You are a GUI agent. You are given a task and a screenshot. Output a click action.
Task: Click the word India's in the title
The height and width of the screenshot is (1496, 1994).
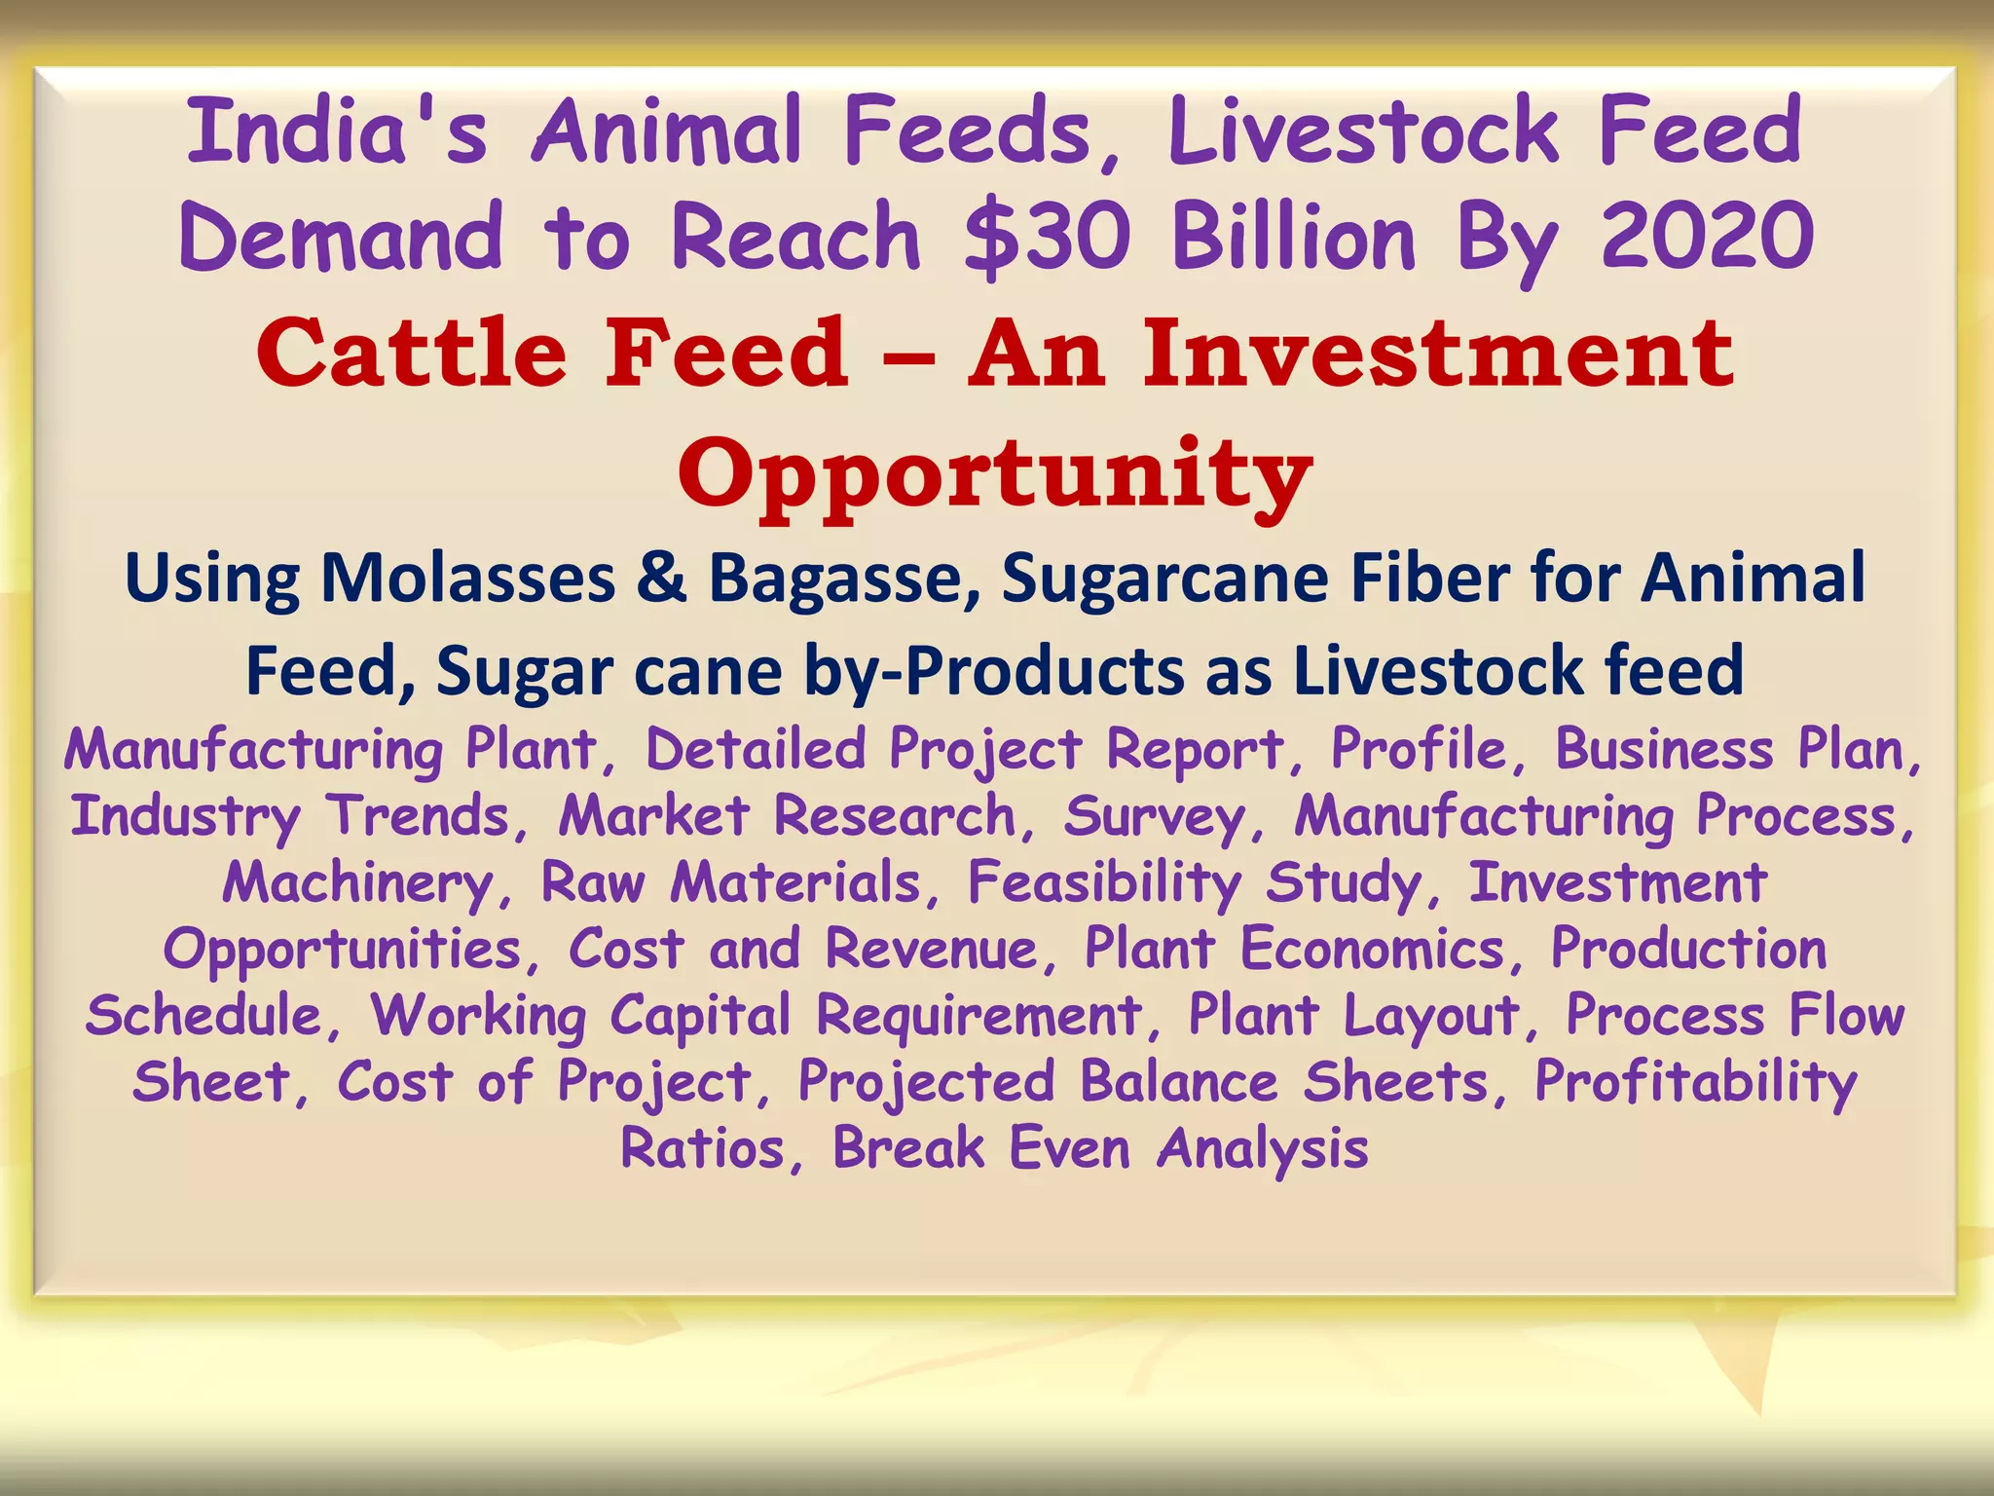click(x=336, y=131)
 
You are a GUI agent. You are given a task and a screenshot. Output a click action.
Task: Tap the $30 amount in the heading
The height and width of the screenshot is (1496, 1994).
click(x=1047, y=237)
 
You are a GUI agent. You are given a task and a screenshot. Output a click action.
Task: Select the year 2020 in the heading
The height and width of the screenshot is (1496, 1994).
click(x=1707, y=237)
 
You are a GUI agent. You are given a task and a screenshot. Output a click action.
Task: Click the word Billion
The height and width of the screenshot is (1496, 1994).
click(x=1294, y=237)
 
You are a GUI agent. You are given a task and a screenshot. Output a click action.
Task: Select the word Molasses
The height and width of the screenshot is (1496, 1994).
click(x=468, y=579)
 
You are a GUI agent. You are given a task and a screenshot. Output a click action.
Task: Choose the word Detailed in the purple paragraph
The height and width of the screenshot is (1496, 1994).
click(x=755, y=750)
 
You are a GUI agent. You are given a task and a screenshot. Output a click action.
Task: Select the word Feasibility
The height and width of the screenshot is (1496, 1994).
click(x=1104, y=883)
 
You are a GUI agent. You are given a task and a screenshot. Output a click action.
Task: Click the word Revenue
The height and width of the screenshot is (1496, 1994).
click(x=933, y=949)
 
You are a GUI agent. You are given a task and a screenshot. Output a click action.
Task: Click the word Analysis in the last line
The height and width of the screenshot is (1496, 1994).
click(x=1263, y=1148)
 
